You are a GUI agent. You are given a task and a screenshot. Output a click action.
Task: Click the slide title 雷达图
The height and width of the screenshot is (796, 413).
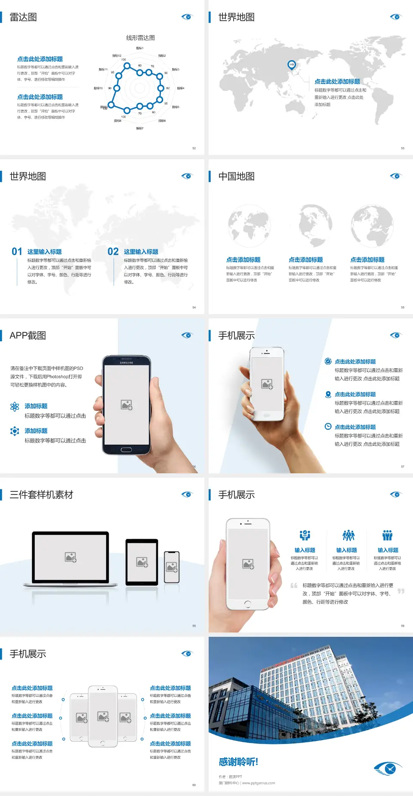[23, 17]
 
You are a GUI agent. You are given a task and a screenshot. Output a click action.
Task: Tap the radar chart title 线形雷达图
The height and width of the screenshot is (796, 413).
[140, 38]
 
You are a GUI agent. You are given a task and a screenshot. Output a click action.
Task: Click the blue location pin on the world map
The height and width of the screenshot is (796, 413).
[292, 65]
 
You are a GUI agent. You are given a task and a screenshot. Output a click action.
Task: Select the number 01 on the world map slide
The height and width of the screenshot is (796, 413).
[17, 252]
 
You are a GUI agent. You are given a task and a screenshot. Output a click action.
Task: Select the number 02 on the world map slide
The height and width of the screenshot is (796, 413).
[113, 252]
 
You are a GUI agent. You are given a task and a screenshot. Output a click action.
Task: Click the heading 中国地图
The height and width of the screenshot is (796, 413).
[236, 176]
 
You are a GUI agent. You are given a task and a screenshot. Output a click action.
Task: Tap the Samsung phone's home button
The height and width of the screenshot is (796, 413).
[126, 450]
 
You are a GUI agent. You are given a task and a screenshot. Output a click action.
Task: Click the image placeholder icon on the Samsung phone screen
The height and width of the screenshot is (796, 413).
[126, 405]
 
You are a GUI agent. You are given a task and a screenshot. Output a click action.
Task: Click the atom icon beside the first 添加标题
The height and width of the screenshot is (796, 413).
[15, 407]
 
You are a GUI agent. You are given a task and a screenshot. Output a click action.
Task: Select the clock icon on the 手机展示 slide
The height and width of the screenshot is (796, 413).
[328, 426]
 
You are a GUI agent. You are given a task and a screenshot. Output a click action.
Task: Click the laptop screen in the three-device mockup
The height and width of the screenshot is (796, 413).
[71, 557]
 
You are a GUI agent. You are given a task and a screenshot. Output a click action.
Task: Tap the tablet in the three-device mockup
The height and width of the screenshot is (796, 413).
[142, 562]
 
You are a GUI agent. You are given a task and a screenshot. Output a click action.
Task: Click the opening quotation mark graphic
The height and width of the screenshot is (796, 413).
[294, 586]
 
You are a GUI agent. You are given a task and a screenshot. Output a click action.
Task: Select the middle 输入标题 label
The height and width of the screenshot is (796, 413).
[346, 550]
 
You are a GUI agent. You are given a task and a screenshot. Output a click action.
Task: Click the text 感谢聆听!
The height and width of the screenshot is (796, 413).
[238, 762]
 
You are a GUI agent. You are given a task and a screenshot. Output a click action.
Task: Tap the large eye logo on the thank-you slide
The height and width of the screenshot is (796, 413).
[388, 768]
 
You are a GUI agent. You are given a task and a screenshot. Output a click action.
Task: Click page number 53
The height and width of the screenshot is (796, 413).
[403, 148]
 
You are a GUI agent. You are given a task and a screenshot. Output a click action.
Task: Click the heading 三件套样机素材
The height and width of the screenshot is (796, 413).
[41, 495]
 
